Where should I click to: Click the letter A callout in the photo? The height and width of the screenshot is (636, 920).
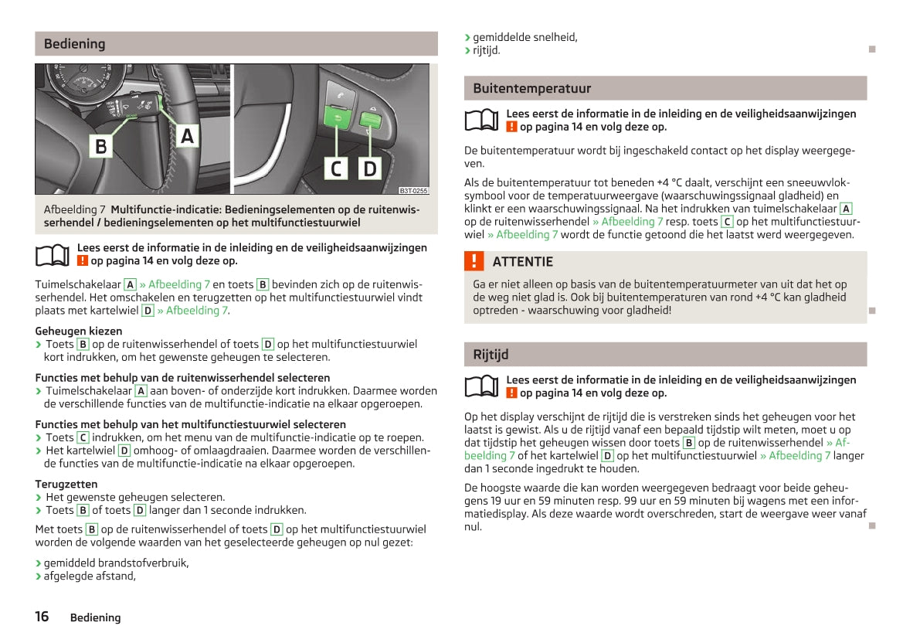pyautogui.click(x=187, y=137)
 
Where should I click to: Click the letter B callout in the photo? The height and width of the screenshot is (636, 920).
pyautogui.click(x=101, y=145)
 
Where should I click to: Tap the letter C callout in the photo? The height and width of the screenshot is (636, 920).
pyautogui.click(x=336, y=168)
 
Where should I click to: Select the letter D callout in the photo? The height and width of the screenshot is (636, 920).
pyautogui.click(x=370, y=168)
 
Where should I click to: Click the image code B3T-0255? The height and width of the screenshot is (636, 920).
pyautogui.click(x=413, y=190)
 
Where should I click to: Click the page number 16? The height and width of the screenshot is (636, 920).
pyautogui.click(x=42, y=617)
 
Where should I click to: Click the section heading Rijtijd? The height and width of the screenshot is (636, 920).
pyautogui.click(x=491, y=355)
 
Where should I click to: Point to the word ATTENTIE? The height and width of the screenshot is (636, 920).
pyautogui.click(x=522, y=262)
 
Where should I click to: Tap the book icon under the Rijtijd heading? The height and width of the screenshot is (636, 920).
pyautogui.click(x=484, y=386)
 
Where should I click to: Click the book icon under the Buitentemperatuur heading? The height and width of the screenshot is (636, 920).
pyautogui.click(x=484, y=121)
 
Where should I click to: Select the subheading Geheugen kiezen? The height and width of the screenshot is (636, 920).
pyautogui.click(x=79, y=331)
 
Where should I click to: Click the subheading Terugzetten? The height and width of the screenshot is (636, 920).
pyautogui.click(x=66, y=485)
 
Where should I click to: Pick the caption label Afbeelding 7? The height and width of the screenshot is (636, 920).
pyautogui.click(x=75, y=209)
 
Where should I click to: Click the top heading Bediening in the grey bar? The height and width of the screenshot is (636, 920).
pyautogui.click(x=74, y=44)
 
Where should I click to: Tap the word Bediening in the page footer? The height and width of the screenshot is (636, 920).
pyautogui.click(x=95, y=617)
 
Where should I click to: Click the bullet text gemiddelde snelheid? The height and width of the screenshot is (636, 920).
pyautogui.click(x=525, y=37)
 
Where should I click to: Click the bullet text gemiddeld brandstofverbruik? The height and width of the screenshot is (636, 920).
pyautogui.click(x=116, y=563)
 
